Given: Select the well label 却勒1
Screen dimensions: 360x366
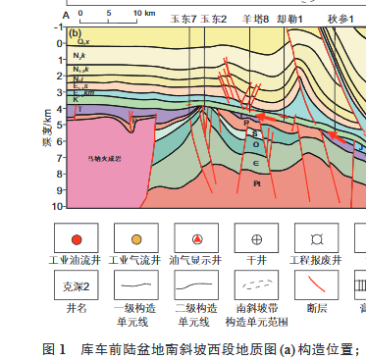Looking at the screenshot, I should tap(288, 19).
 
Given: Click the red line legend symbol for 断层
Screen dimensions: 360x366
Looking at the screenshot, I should tap(317, 286).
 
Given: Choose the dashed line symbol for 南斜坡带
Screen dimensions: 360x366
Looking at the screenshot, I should tap(256, 286).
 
